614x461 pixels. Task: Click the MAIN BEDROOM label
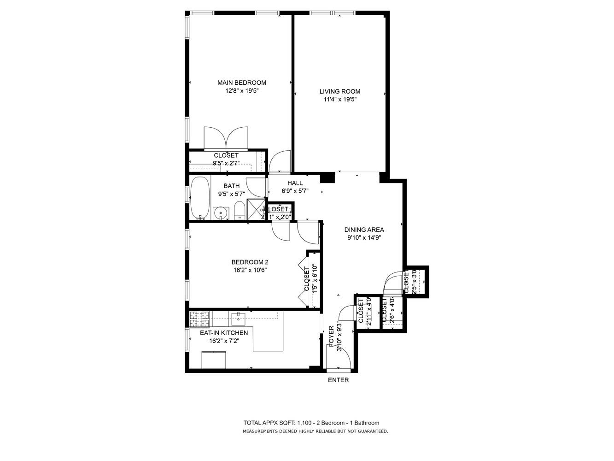(x=241, y=83)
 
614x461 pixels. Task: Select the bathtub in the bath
(x=199, y=198)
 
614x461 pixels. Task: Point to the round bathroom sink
(x=222, y=213)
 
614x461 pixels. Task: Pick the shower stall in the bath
(x=256, y=209)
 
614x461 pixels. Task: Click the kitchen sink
(x=239, y=316)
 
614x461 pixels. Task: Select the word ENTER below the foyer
(x=338, y=380)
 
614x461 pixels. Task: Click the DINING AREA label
(x=364, y=230)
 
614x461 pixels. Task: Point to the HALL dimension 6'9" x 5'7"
(x=295, y=191)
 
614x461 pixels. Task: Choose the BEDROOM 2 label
(x=250, y=262)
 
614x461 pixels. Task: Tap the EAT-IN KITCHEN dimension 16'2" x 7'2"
(x=224, y=341)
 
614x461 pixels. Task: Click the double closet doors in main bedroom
(x=226, y=138)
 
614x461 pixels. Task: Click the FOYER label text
(x=331, y=336)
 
